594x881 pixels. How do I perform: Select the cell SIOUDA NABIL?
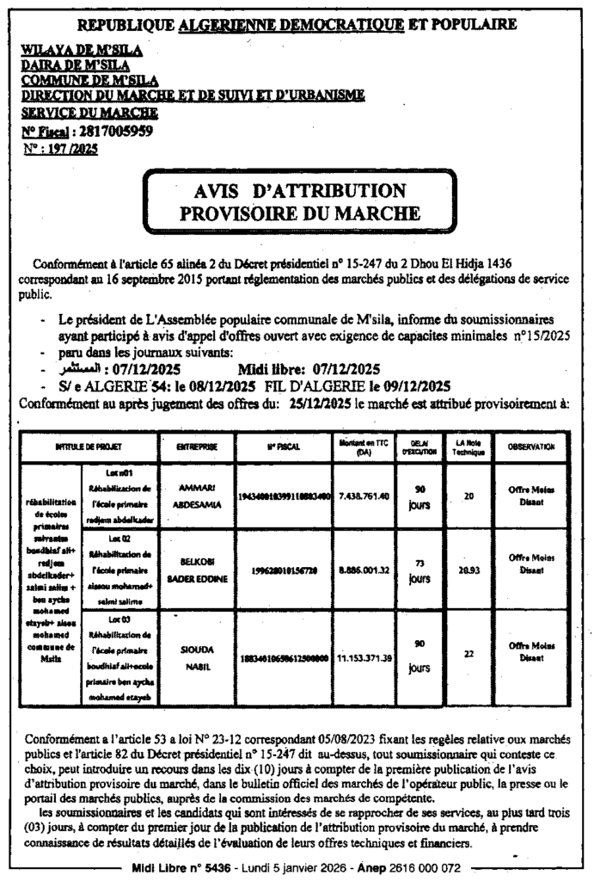click(x=196, y=655)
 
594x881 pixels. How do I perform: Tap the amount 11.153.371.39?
click(x=364, y=656)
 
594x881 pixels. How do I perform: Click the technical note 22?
click(x=468, y=654)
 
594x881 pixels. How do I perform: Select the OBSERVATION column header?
click(x=530, y=447)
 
